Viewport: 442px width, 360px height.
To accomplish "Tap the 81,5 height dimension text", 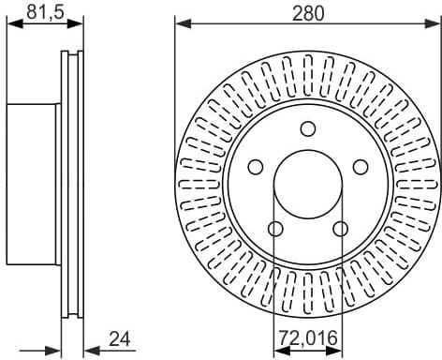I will click(x=38, y=12).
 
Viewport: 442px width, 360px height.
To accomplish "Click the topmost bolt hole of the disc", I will click(x=308, y=128).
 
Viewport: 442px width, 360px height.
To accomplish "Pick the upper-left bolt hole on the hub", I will click(x=255, y=166).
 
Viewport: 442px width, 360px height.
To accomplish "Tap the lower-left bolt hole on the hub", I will click(x=275, y=229).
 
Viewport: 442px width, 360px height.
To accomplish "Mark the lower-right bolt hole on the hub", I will click(x=340, y=229).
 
